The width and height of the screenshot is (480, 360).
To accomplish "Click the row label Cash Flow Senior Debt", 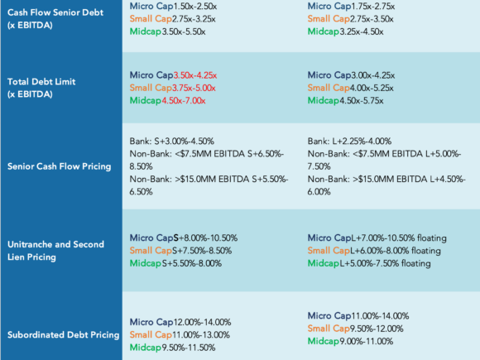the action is coord(55,19).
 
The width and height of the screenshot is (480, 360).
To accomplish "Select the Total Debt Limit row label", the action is coord(41,88).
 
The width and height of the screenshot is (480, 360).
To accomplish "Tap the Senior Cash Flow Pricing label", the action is coord(59,166).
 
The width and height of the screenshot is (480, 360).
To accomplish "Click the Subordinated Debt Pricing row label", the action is coord(63,335).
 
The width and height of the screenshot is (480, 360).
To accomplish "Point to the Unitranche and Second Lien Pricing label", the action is coord(55,251).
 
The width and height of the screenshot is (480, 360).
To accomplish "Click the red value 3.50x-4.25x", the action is coord(195,75).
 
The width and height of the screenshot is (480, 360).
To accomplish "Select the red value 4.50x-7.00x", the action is coord(184,101).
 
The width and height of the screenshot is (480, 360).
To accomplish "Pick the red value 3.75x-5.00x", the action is coord(194,89).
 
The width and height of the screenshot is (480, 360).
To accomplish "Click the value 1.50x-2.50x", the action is coord(195,6).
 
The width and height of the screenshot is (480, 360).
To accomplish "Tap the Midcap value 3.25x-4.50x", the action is coord(361,31).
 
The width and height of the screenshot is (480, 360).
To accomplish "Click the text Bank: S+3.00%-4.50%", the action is coord(172,142).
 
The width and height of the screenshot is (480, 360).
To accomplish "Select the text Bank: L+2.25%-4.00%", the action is coord(349,142).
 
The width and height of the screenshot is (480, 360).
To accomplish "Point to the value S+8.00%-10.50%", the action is coord(205,238).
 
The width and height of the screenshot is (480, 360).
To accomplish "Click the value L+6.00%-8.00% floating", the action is coord(396,251).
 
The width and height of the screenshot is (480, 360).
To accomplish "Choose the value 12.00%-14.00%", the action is coord(202,323).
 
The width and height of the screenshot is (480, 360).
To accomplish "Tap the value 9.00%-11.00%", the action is coord(366,341).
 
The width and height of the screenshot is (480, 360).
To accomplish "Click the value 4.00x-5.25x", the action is coord(372,89).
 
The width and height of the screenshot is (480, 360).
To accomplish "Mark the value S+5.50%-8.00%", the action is coord(192,263).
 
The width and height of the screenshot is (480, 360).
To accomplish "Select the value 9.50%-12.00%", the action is coord(377,329).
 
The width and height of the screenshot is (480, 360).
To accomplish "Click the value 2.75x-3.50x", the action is coord(372,19).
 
